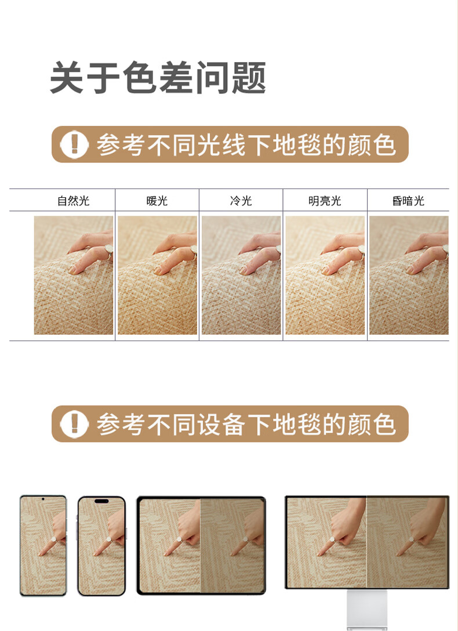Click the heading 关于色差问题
[158, 78]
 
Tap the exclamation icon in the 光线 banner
[74, 144]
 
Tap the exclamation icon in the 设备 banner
[74, 424]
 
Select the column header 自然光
[73, 201]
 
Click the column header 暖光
[157, 201]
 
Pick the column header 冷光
[241, 201]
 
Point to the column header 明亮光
[325, 201]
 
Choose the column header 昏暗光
[408, 201]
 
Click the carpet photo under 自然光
[74, 275]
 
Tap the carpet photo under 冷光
[241, 275]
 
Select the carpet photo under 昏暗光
[409, 275]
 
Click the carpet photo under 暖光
[158, 275]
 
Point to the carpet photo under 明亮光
[325, 275]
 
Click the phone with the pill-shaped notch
[101, 546]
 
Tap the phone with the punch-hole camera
[43, 545]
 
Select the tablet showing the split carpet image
[201, 545]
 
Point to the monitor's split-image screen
[367, 542]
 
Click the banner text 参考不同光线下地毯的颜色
[246, 144]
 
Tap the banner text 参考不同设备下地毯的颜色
[246, 424]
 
